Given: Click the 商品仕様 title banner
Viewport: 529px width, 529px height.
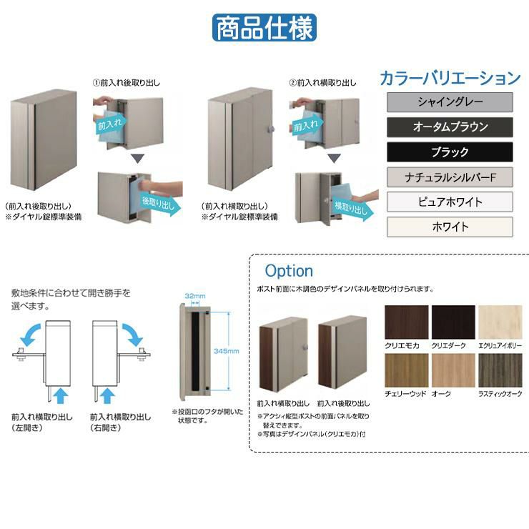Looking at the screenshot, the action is [x=264, y=28].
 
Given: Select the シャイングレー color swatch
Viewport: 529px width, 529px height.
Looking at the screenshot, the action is [x=450, y=102].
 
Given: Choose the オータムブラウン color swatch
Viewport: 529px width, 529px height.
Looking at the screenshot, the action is [x=450, y=127].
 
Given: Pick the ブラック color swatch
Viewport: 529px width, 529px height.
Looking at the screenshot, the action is [x=450, y=152].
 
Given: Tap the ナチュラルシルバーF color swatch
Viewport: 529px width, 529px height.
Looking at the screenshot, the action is [x=450, y=177].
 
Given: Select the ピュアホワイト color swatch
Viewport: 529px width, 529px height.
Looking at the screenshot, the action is [x=450, y=202].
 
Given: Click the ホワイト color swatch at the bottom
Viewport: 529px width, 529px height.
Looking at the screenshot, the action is [x=450, y=227].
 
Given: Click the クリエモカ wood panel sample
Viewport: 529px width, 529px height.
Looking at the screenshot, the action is [x=407, y=322].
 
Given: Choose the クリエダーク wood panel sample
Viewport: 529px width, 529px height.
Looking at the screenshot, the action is [x=453, y=322].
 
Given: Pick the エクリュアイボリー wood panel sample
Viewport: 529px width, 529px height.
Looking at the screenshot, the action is [x=500, y=322].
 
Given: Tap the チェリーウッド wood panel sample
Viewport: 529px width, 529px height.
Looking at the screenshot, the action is [x=407, y=370].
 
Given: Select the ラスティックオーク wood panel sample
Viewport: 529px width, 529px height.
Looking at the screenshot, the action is [x=500, y=370].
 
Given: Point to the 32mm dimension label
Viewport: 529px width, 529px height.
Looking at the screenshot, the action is [x=195, y=296].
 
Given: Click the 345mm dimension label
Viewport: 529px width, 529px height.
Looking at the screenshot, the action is [x=227, y=351].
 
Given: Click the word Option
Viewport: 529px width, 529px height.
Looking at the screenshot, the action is [x=289, y=271].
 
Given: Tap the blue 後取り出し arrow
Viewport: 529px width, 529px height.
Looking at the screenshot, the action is [x=162, y=204].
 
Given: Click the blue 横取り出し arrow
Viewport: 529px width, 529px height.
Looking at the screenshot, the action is [x=353, y=208].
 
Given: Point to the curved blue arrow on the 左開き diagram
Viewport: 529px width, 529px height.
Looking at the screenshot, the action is [x=30, y=335].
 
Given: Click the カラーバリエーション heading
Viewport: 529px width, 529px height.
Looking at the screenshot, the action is [x=450, y=78].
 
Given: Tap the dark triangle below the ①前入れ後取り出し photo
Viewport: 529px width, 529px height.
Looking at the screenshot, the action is [x=138, y=159].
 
